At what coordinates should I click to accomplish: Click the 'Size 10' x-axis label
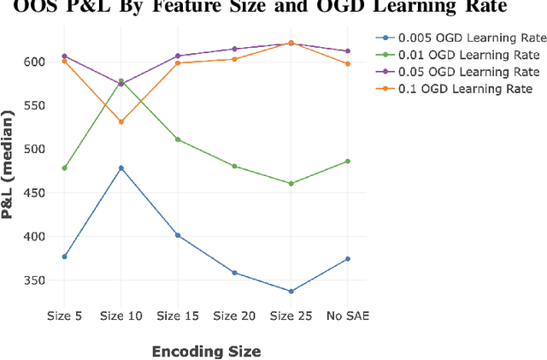tap(121, 316)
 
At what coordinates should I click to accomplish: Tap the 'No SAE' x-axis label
tap(347, 316)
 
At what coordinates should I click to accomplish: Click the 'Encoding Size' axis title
tap(206, 351)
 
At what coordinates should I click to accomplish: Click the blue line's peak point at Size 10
tap(121, 168)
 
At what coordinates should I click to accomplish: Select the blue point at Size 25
tap(291, 292)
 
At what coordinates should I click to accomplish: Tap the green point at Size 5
tap(64, 168)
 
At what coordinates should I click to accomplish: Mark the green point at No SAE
tap(347, 161)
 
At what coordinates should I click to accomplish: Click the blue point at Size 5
tap(64, 257)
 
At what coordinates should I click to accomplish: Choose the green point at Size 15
tap(177, 139)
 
